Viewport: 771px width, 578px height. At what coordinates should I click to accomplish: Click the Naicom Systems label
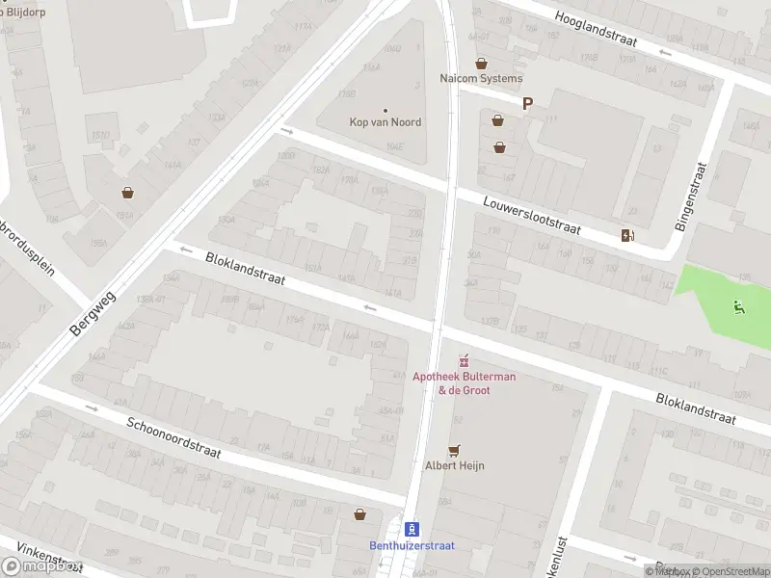click(x=481, y=78)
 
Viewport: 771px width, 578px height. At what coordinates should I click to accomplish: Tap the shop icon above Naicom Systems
click(x=481, y=64)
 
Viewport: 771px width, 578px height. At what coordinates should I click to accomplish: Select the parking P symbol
click(x=527, y=104)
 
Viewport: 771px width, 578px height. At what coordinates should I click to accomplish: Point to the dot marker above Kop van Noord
click(x=385, y=111)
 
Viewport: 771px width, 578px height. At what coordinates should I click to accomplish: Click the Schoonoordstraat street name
click(x=174, y=437)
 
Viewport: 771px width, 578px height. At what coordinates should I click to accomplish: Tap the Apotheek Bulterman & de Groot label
click(x=464, y=382)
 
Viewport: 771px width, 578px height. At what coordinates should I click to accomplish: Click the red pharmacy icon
click(x=464, y=361)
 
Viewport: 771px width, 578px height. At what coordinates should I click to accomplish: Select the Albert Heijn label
click(x=455, y=465)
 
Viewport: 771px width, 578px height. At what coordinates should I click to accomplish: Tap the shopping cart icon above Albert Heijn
click(x=455, y=450)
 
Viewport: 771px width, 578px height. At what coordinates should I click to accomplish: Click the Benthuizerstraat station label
click(x=412, y=544)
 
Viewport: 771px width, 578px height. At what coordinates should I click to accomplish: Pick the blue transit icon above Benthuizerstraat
click(x=412, y=528)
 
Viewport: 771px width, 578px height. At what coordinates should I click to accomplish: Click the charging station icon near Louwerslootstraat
click(x=628, y=235)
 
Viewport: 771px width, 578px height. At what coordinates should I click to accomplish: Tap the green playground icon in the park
click(x=738, y=308)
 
